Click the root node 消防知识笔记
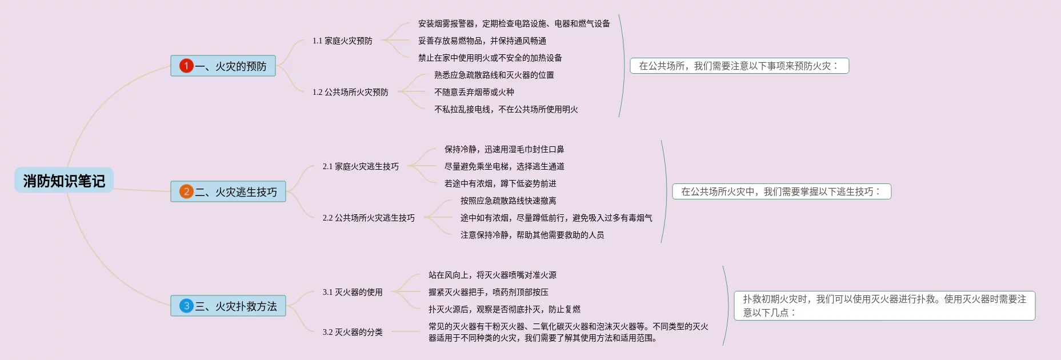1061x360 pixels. [64, 181]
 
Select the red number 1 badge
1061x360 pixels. [186, 66]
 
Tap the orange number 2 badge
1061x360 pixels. [186, 191]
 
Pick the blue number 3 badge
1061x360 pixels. [186, 306]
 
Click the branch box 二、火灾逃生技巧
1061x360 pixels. [228, 191]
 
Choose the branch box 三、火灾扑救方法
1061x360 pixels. [228, 306]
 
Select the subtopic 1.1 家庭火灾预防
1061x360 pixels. [342, 41]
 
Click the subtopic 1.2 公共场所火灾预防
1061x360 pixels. [350, 92]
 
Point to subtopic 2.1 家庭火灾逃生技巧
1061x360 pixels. [361, 166]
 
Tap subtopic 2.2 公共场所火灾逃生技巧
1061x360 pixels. [369, 218]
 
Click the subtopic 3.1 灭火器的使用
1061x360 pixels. [353, 292]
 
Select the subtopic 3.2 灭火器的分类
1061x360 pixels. [353, 332]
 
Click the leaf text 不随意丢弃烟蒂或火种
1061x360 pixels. [474, 92]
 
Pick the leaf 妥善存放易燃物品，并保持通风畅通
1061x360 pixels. [482, 41]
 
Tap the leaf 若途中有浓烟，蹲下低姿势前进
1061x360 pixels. [501, 183]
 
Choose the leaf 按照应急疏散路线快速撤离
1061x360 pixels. [509, 201]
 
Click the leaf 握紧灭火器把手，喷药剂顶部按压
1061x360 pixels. [489, 292]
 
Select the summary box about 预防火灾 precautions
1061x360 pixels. [739, 66]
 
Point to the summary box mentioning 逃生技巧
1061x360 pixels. [782, 191]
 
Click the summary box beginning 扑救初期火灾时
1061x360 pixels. [884, 306]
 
